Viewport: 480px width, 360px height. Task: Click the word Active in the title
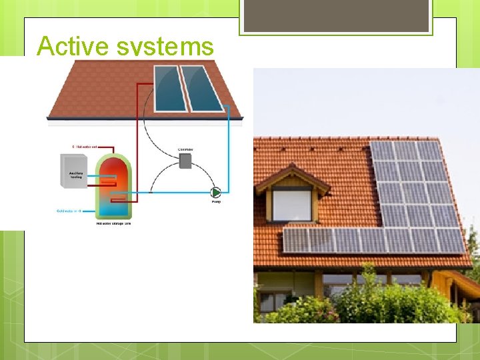(x=72, y=46)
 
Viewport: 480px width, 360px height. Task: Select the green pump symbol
(x=215, y=192)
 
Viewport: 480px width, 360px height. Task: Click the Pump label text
(x=216, y=201)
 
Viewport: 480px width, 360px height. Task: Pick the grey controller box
(x=185, y=161)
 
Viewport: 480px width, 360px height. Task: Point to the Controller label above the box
(x=185, y=149)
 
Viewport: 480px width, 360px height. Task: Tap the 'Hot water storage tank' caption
(x=114, y=223)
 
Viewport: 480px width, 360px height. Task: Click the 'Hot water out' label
(x=85, y=146)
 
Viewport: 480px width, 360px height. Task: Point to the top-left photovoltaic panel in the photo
(x=382, y=150)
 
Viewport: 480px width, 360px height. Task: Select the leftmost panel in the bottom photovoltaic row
(x=295, y=240)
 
